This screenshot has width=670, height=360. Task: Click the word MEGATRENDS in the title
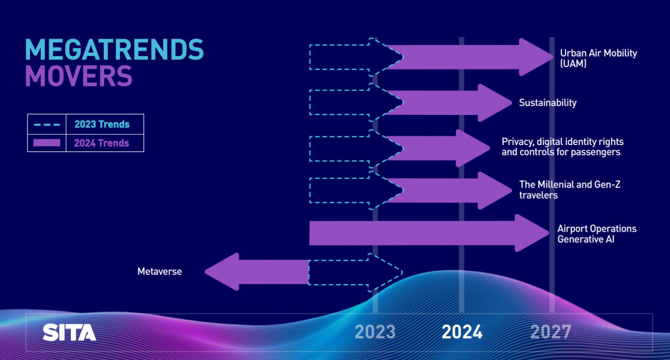[x=114, y=49]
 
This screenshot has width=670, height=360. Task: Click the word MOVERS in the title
[x=78, y=76]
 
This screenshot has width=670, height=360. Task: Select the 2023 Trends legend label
[x=101, y=124]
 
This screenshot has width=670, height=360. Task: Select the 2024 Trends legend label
[x=101, y=143]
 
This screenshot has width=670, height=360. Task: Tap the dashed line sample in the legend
[x=47, y=124]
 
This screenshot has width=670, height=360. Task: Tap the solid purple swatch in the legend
[x=47, y=143]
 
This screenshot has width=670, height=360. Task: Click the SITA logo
[x=69, y=332]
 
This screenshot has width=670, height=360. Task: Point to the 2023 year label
[x=375, y=332]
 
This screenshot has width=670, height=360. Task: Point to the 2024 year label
[x=462, y=332]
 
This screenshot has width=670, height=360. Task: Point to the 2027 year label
[x=551, y=332]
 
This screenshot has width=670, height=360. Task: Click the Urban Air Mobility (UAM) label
[x=599, y=58]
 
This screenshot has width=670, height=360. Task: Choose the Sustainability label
[x=547, y=102]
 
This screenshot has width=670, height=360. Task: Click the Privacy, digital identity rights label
[x=562, y=142]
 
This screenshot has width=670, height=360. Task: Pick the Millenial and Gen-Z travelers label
[x=570, y=190]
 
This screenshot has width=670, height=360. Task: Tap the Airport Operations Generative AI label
[x=597, y=234]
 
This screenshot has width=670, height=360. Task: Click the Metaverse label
[x=159, y=271]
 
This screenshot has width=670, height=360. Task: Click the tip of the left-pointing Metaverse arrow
[x=205, y=272]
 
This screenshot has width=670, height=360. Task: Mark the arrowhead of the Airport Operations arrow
[x=532, y=233]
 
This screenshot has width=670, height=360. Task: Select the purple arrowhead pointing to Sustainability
[x=495, y=102]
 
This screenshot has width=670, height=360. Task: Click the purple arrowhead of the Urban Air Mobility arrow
[x=536, y=57]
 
